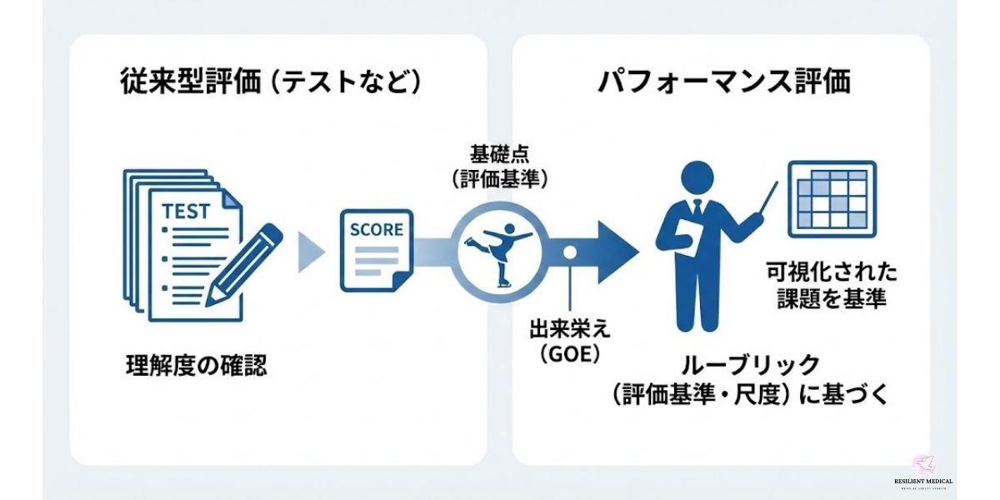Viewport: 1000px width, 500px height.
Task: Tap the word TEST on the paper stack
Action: point(186,211)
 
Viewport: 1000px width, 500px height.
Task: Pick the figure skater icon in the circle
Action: point(498,246)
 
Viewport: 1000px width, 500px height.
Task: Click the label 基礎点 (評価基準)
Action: point(498,169)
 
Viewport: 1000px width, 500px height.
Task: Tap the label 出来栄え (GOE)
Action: point(570,339)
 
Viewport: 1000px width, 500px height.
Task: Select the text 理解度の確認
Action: point(197,365)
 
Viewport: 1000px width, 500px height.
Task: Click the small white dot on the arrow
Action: point(570,252)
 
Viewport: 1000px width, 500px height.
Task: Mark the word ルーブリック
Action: point(751,365)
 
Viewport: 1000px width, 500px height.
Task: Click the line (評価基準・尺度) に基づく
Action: point(750,394)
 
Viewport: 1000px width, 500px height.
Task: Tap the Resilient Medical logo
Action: point(923,472)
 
